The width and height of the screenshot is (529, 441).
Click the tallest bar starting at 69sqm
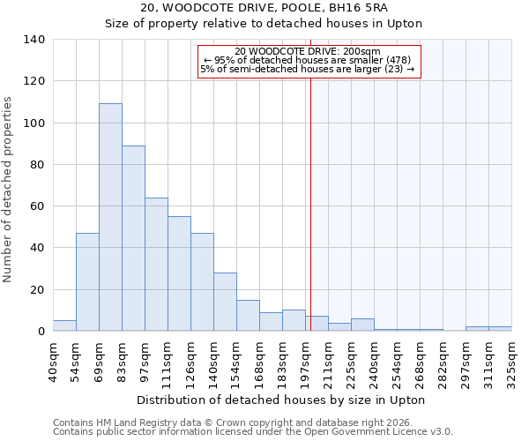[110, 217]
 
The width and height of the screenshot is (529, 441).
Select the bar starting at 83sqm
[133, 238]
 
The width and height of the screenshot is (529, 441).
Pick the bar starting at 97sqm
[156, 265]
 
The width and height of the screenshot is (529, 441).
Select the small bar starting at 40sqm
[64, 325]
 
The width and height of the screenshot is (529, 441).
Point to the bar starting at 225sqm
[362, 325]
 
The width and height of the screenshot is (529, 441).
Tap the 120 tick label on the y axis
[34, 81]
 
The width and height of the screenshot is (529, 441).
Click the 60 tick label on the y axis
[38, 206]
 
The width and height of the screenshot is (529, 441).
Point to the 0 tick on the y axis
[41, 332]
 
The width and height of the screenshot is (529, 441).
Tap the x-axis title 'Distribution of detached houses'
[281, 400]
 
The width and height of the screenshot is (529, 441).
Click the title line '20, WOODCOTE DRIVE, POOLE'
[264, 8]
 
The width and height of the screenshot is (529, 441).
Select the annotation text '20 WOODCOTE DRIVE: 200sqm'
[308, 52]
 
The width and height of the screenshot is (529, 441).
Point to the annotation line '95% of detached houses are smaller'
[308, 60]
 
